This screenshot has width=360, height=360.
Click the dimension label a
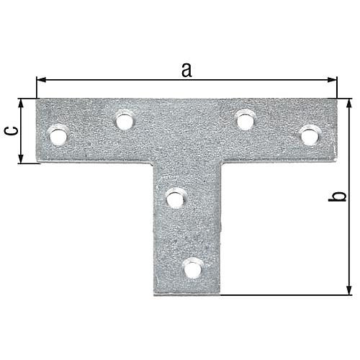(x=186, y=71)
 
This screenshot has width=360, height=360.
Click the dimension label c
(x=12, y=131)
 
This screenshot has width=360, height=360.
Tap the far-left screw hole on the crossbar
(x=58, y=136)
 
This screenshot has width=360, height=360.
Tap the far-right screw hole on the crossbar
(x=310, y=136)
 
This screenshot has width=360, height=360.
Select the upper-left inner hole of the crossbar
(x=125, y=122)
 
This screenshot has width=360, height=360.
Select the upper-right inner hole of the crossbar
(x=246, y=122)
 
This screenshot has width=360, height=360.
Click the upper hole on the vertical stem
(x=175, y=199)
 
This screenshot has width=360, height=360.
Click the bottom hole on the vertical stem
(x=192, y=270)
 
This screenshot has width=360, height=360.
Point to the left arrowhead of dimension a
(x=41, y=80)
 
